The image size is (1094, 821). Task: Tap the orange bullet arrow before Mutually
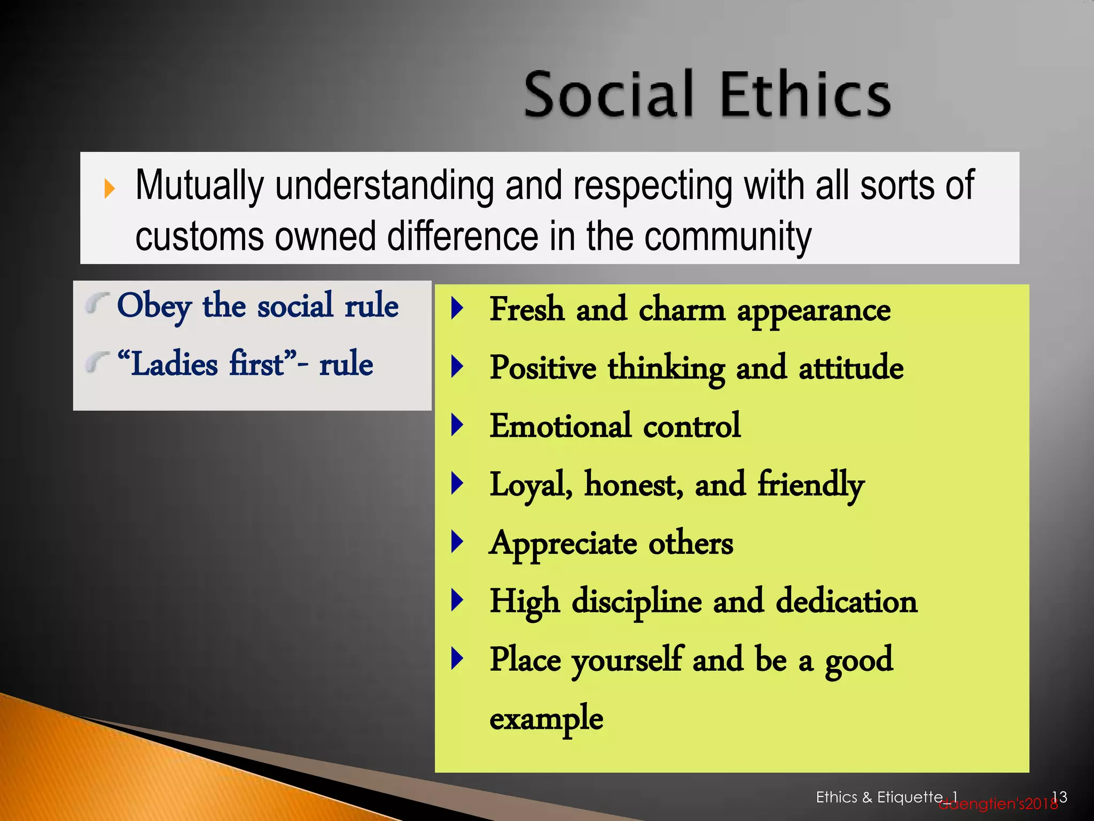click(x=110, y=188)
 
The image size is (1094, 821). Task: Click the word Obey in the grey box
click(x=154, y=306)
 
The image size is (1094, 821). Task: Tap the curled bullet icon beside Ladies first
click(x=96, y=363)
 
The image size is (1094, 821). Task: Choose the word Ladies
click(x=174, y=364)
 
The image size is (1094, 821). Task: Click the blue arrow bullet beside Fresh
click(x=457, y=308)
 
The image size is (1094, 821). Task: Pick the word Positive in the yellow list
click(x=543, y=368)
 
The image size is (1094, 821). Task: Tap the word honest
click(x=633, y=484)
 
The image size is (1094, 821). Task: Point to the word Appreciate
click(x=563, y=544)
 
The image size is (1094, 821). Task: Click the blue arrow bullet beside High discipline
click(x=457, y=600)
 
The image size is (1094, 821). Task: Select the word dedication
click(x=846, y=601)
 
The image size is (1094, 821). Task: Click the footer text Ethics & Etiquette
click(x=879, y=797)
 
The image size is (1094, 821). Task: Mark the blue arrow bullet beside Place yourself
click(x=457, y=659)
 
